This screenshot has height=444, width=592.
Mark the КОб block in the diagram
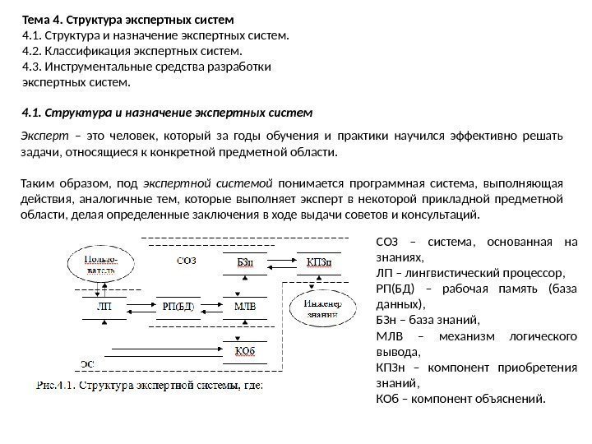click(246, 351)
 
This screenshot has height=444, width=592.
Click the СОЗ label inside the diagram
click(186, 262)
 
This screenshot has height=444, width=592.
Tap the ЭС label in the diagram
click(86, 362)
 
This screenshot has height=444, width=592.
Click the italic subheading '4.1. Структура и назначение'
click(167, 109)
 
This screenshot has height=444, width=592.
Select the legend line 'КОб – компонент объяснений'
click(460, 400)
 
